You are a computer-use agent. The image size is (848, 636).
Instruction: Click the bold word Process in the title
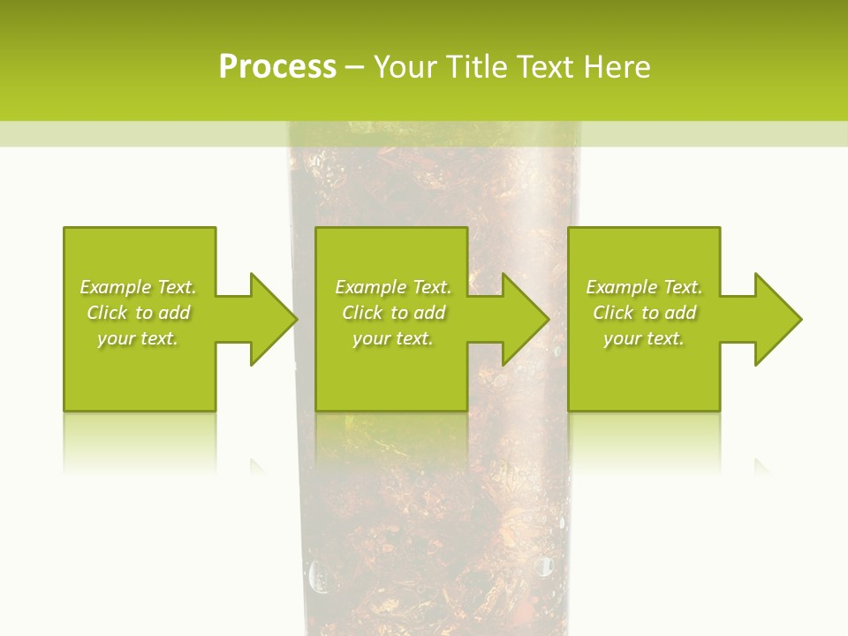pos(277,67)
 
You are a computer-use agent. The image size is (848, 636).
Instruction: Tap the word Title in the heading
pos(474,67)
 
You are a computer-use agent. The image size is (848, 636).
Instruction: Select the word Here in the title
pos(617,67)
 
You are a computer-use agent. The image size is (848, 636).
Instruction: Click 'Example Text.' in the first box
pos(138,287)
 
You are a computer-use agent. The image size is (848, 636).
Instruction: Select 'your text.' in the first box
pos(138,338)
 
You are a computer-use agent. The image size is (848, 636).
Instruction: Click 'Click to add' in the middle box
pos(393,313)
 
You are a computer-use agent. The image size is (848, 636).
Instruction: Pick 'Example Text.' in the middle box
pos(393,287)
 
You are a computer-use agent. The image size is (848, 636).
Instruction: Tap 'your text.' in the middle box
pos(393,338)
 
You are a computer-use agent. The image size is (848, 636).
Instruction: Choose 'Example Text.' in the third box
pos(644,287)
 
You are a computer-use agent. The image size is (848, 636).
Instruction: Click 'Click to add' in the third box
pos(644,313)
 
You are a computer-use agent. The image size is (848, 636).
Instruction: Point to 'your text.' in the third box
pos(644,338)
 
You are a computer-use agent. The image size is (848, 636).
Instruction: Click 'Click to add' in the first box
pos(138,313)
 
